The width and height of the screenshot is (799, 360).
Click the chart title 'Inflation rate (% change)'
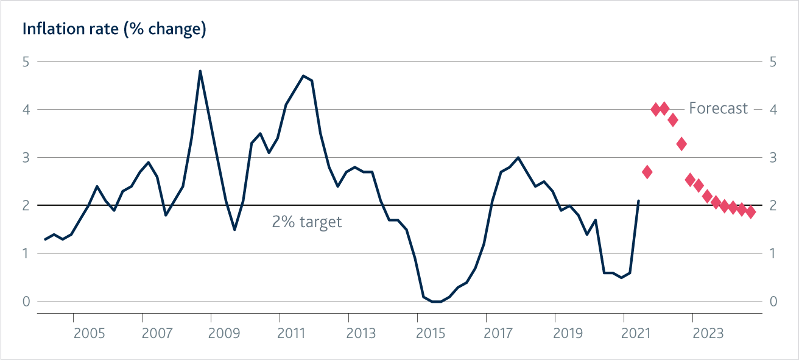tap(114, 29)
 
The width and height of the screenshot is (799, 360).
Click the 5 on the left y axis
tap(26, 62)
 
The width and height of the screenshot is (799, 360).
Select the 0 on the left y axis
tap(26, 302)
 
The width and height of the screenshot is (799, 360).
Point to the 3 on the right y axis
tap(773, 158)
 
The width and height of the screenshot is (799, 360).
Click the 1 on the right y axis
tap(773, 253)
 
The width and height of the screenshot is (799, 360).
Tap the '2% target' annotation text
tap(307, 222)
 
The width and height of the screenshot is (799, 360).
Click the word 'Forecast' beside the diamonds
tap(718, 108)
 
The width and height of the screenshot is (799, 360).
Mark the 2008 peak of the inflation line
tap(200, 71)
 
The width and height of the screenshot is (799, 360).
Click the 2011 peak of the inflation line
tap(303, 76)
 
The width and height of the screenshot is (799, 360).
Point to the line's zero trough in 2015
tap(437, 301)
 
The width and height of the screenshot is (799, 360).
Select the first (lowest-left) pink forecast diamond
tap(647, 172)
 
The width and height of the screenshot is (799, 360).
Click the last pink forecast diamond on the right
tap(750, 212)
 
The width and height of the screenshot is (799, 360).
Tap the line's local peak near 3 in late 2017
tap(518, 158)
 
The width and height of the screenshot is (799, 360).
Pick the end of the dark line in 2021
tap(638, 200)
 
